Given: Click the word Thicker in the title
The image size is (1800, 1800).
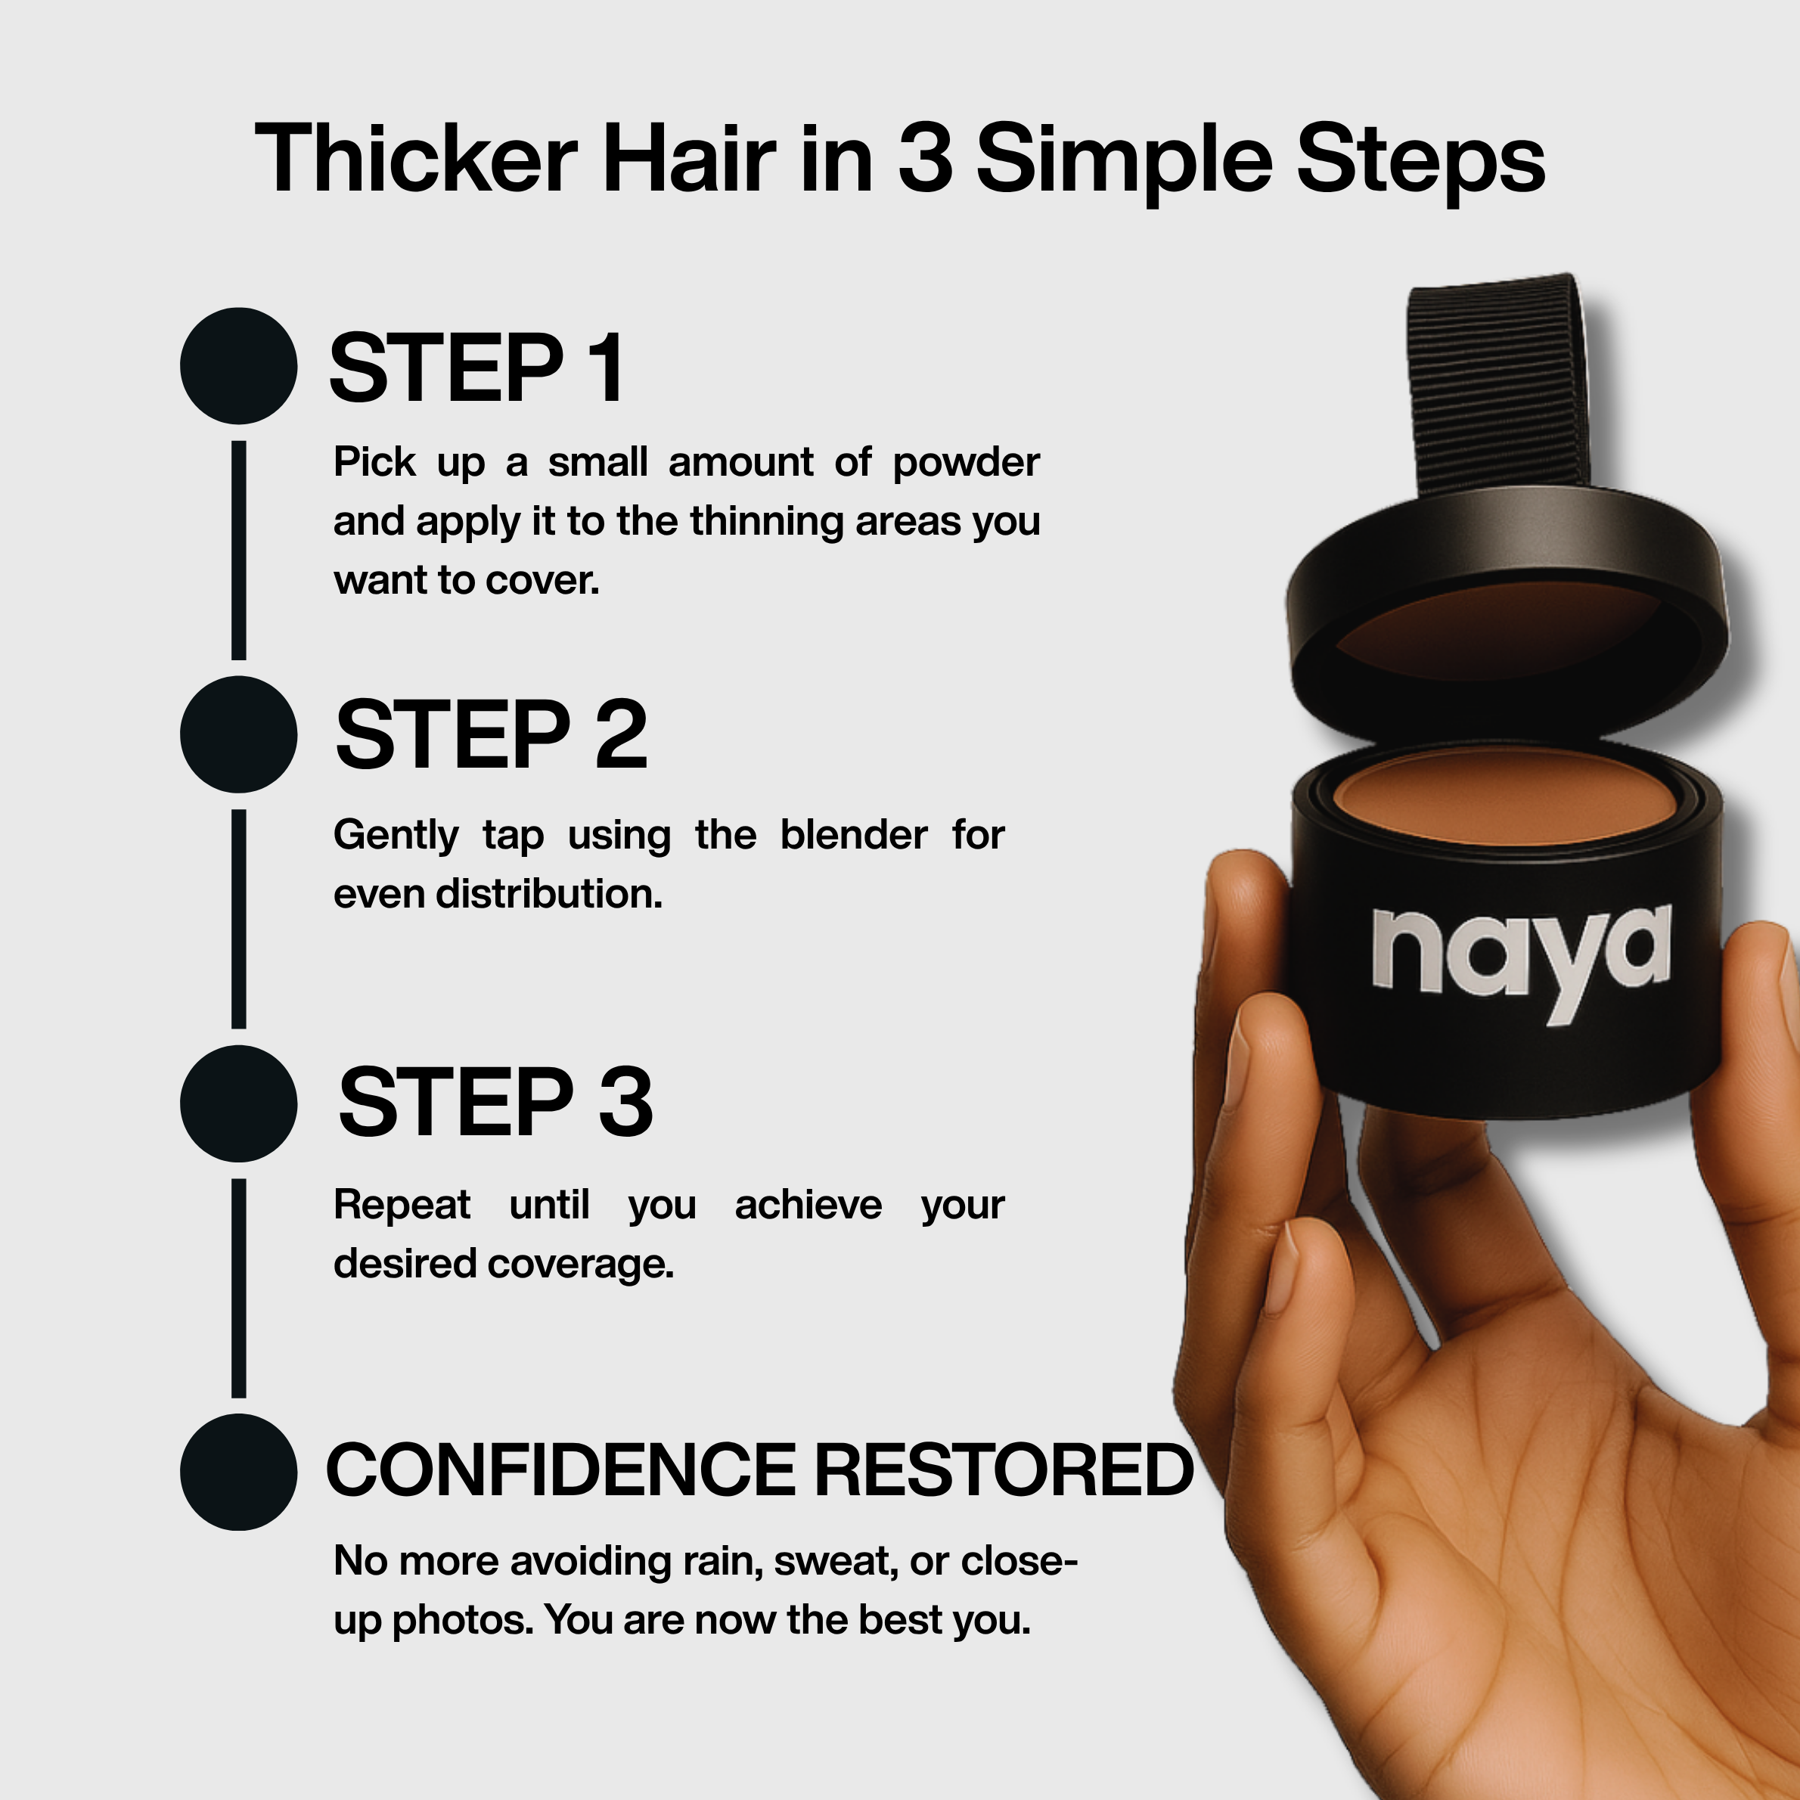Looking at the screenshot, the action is point(417,158).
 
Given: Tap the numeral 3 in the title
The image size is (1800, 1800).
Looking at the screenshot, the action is point(925,158).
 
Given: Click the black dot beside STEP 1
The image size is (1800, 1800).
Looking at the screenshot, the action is point(238,366).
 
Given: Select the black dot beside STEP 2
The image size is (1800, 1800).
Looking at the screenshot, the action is point(238,734).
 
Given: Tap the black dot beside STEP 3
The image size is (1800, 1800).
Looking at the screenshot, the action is point(238,1103).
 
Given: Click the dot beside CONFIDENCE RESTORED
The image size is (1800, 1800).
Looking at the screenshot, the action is point(238,1472).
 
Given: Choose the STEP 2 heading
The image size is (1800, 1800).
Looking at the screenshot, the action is point(491,735).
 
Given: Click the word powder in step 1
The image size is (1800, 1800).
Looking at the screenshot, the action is point(966,464).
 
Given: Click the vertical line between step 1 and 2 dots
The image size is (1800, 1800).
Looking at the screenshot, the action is point(238,550).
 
